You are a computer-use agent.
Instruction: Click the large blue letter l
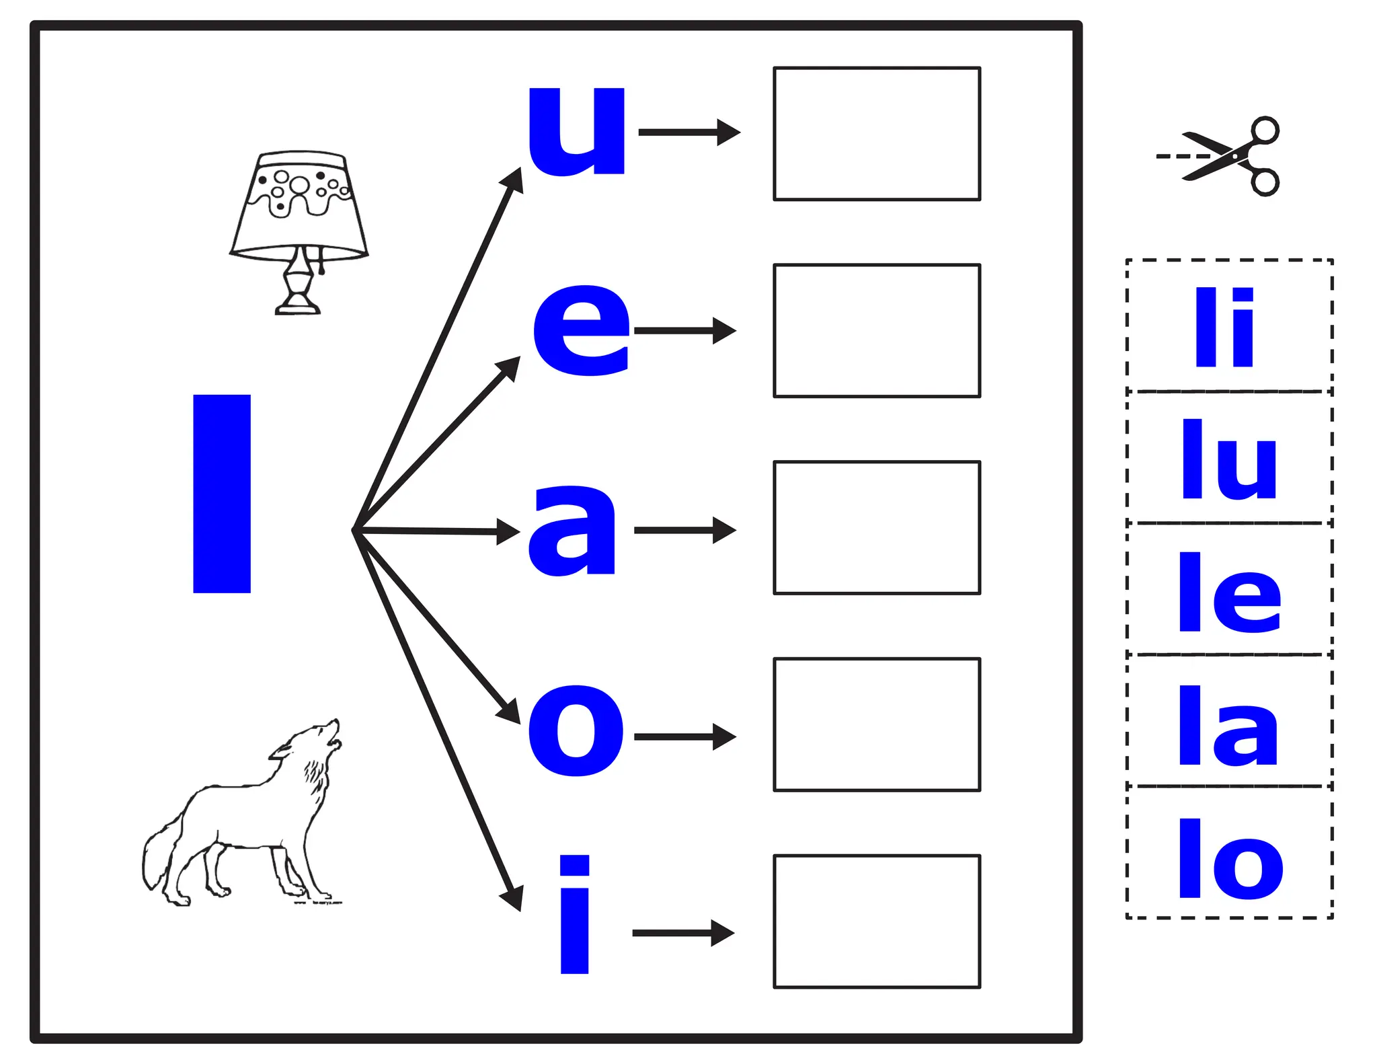[221, 494]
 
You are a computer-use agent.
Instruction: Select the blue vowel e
[582, 330]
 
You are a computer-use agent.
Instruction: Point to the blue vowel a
[572, 530]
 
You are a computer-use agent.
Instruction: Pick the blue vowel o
[576, 730]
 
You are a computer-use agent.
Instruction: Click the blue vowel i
[575, 915]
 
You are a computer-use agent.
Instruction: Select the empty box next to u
[877, 134]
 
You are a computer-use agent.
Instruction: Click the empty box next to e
[877, 331]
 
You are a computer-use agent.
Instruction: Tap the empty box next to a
[877, 528]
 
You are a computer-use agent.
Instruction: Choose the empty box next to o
[877, 725]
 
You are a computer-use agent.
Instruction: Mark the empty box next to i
[877, 922]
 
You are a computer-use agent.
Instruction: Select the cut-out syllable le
[1230, 593]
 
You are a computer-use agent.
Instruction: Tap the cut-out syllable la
[1228, 726]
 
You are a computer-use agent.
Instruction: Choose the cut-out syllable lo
[1230, 859]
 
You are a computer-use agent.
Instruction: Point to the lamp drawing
[299, 232]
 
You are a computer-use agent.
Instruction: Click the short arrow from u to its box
[689, 132]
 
